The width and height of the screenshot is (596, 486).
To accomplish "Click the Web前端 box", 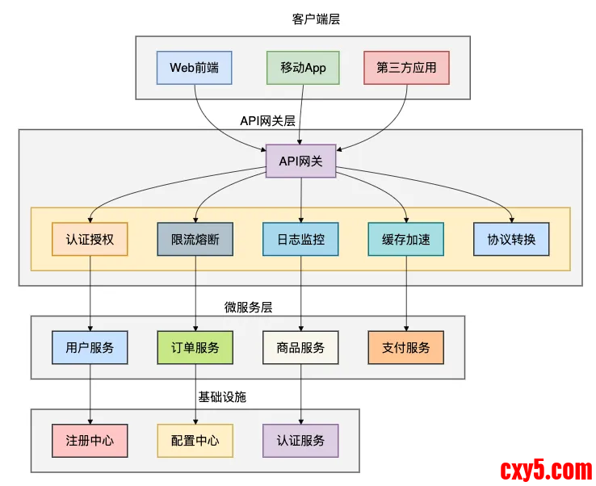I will (194, 68).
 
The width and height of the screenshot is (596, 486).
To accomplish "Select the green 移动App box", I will (303, 68).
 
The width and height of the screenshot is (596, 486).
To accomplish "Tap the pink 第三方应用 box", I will (406, 68).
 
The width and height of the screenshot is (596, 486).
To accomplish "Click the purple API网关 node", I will (300, 161).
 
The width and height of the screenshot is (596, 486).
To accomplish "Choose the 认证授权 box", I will (90, 239).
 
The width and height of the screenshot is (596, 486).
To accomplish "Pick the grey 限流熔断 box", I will (195, 239).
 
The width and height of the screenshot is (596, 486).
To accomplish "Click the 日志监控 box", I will (300, 239).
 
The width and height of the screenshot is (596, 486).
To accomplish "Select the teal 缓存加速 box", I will (405, 239).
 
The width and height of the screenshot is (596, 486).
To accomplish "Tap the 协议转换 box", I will (511, 239).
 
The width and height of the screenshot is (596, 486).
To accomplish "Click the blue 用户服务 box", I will (90, 347).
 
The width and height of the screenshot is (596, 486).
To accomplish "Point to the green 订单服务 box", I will (195, 347).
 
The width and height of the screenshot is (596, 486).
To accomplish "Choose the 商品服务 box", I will (300, 347).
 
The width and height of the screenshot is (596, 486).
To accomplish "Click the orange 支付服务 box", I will (405, 347).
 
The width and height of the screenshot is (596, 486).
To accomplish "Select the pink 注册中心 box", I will (90, 440).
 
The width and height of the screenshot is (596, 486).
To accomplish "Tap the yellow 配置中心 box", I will (195, 440).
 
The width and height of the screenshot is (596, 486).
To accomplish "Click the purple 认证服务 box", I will (300, 440).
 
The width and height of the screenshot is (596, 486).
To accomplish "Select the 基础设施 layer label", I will (222, 397).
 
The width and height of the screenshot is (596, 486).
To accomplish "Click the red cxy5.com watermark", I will (546, 468).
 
